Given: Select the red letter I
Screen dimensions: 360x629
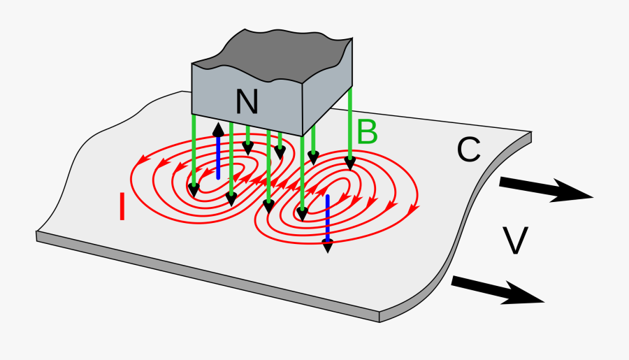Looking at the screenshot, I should (x=122, y=208).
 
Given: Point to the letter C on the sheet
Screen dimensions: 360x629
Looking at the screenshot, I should (x=468, y=149).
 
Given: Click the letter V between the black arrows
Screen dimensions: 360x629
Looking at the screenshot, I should (x=515, y=240).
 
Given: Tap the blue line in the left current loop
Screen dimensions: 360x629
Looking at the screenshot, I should (x=218, y=157).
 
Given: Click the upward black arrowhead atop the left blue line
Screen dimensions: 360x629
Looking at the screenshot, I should (x=218, y=129).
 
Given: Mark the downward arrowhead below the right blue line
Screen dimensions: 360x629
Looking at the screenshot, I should (x=327, y=245).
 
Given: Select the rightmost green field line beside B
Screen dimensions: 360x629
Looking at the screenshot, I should (x=349, y=126).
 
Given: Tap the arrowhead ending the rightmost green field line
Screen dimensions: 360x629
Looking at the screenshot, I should (x=349, y=164).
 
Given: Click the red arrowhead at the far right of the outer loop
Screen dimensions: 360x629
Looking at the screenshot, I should (x=414, y=208).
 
